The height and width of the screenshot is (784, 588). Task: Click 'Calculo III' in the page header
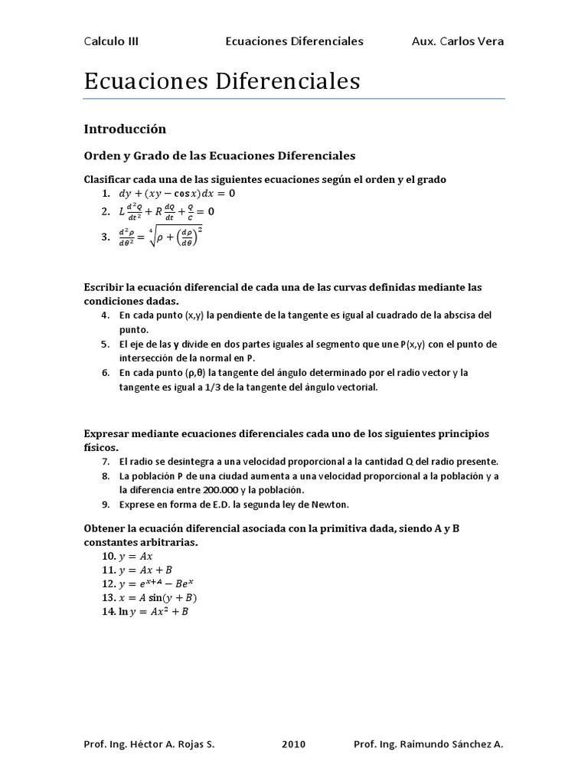(x=111, y=41)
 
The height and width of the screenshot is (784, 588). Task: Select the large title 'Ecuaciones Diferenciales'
(x=222, y=81)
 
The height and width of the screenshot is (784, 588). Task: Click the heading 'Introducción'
(x=124, y=129)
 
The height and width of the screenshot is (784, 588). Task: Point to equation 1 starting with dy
(x=177, y=194)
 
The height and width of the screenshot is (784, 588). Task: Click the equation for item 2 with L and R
(x=167, y=211)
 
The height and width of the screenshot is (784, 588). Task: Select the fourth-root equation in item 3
(x=161, y=237)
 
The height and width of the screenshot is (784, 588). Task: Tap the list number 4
(x=105, y=315)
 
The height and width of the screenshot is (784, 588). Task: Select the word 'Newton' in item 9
(x=331, y=505)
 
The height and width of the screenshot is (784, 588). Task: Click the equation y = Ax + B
(x=146, y=570)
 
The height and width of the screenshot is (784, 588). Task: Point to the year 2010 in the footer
(x=294, y=743)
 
